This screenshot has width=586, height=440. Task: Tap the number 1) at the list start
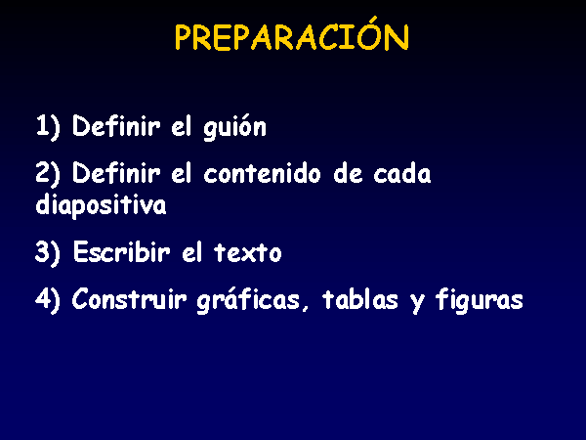(48, 126)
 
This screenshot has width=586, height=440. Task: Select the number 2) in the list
(48, 174)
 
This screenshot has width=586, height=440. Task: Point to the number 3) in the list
(48, 252)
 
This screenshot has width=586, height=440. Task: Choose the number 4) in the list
(48, 300)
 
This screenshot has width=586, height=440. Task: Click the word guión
(234, 126)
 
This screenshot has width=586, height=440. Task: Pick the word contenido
(262, 173)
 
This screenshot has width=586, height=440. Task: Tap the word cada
(402, 173)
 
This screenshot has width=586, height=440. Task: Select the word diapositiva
(101, 205)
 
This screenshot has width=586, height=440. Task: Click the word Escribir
(121, 252)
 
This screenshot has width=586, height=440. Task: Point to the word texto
(248, 252)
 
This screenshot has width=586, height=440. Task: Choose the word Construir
(129, 299)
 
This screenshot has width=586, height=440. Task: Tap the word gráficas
(248, 300)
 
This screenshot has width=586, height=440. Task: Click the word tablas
(360, 299)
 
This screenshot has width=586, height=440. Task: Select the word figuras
(480, 300)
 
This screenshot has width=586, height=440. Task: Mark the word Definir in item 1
(116, 126)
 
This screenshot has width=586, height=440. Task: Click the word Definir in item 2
(116, 173)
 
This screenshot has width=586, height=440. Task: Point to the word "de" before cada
(348, 173)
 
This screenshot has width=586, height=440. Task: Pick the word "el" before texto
(192, 252)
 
